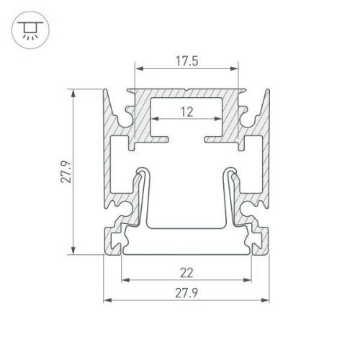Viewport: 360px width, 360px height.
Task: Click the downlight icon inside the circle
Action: tap(28, 28)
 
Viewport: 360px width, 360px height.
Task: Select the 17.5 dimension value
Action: tap(186, 61)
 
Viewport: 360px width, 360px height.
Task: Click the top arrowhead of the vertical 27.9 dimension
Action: tap(72, 92)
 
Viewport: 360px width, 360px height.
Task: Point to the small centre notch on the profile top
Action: tap(186, 92)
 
